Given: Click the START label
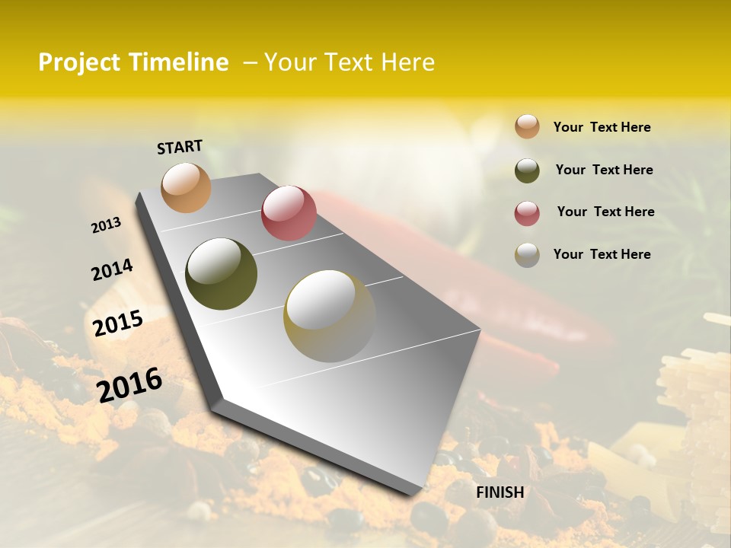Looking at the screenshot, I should [x=180, y=147].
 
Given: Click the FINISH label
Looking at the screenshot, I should [x=500, y=492].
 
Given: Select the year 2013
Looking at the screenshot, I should [x=107, y=225].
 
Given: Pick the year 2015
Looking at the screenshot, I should [x=118, y=323].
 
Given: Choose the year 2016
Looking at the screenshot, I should [x=129, y=384].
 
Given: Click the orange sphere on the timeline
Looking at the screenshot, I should [x=187, y=187].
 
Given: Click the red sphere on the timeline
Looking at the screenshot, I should [x=289, y=213].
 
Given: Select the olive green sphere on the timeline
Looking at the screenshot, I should [x=221, y=274].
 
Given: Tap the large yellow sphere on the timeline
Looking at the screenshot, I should [x=330, y=315].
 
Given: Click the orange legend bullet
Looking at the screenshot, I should [x=527, y=126].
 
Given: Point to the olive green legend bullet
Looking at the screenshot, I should [x=527, y=170].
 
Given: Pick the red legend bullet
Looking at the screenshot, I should [x=527, y=213].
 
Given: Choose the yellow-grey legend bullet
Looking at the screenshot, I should [x=527, y=255].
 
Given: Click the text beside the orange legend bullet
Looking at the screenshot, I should [x=602, y=127].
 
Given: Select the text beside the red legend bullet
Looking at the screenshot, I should [x=605, y=212].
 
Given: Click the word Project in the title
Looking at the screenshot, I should [x=79, y=62].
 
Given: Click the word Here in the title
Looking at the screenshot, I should [x=407, y=62].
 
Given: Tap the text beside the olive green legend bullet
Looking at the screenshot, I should [x=604, y=170].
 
